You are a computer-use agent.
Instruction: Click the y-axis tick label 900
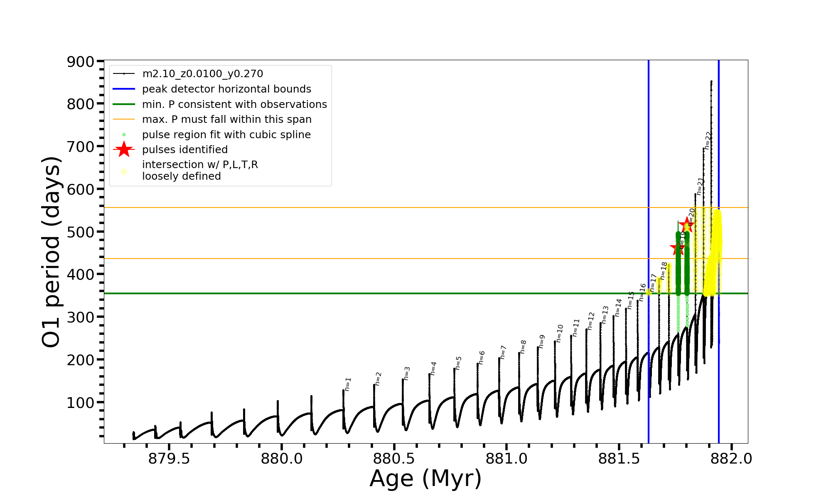pyautogui.click(x=81, y=62)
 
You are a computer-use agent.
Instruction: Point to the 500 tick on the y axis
pyautogui.click(x=81, y=232)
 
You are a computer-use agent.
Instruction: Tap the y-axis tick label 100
pyautogui.click(x=81, y=403)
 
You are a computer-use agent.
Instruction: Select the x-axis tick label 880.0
pyautogui.click(x=281, y=459)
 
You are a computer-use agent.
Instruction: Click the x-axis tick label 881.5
pyautogui.click(x=619, y=459)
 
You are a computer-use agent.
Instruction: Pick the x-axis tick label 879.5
pyautogui.click(x=169, y=459)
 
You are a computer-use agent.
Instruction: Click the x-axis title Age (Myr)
pyautogui.click(x=425, y=478)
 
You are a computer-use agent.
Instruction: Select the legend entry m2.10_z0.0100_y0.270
pyautogui.click(x=202, y=74)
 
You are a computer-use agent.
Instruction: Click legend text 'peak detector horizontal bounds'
pyautogui.click(x=226, y=89)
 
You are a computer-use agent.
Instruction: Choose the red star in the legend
pyautogui.click(x=124, y=149)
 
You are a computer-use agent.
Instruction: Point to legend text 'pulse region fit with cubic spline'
pyautogui.click(x=226, y=135)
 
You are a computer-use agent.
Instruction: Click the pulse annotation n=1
pyautogui.click(x=348, y=384)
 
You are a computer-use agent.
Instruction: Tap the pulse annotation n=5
pyautogui.click(x=458, y=363)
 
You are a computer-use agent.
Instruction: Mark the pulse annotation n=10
pyautogui.click(x=559, y=334)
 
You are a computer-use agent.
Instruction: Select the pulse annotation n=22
pyautogui.click(x=708, y=140)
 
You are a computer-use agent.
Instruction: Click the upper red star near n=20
pyautogui.click(x=688, y=225)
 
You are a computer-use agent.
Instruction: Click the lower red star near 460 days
pyautogui.click(x=678, y=248)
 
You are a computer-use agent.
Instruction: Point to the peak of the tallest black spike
pyautogui.click(x=711, y=81)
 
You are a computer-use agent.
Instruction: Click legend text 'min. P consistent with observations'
pyautogui.click(x=234, y=105)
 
